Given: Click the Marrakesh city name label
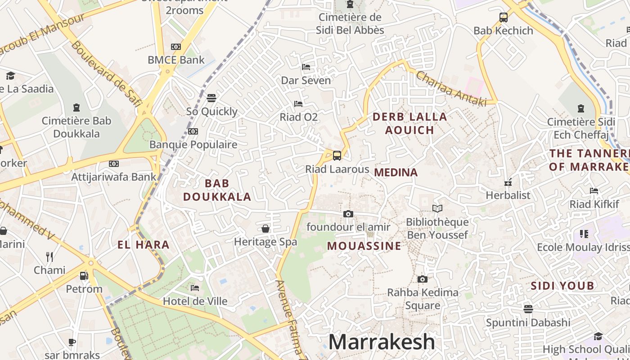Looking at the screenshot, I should [x=382, y=342].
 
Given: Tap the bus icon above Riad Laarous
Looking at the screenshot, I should [x=337, y=156].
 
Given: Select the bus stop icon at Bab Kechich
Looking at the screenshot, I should [x=504, y=18].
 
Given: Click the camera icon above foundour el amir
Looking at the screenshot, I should [x=348, y=214].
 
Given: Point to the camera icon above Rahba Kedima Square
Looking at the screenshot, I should [x=422, y=279].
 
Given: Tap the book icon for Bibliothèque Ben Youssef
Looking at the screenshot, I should [x=437, y=208].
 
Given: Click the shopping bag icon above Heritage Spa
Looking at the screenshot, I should [x=265, y=228].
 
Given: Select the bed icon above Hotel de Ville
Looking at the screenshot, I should [x=195, y=288].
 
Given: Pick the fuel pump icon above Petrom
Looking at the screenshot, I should [x=84, y=275].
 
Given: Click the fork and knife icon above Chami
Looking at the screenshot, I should [x=49, y=257].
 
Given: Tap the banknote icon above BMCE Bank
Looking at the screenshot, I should [x=176, y=46].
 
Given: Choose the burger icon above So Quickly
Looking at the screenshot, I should [x=211, y=98].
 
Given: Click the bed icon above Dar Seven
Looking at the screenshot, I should [x=306, y=67].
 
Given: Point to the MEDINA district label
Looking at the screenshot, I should [x=396, y=172].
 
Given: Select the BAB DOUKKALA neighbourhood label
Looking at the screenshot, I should [x=217, y=190].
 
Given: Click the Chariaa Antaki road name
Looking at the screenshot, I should [x=451, y=89].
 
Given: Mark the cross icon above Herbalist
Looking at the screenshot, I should [x=508, y=183].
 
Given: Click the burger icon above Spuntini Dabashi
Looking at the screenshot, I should [x=528, y=309].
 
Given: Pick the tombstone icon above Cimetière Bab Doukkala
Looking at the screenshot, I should [x=76, y=108].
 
